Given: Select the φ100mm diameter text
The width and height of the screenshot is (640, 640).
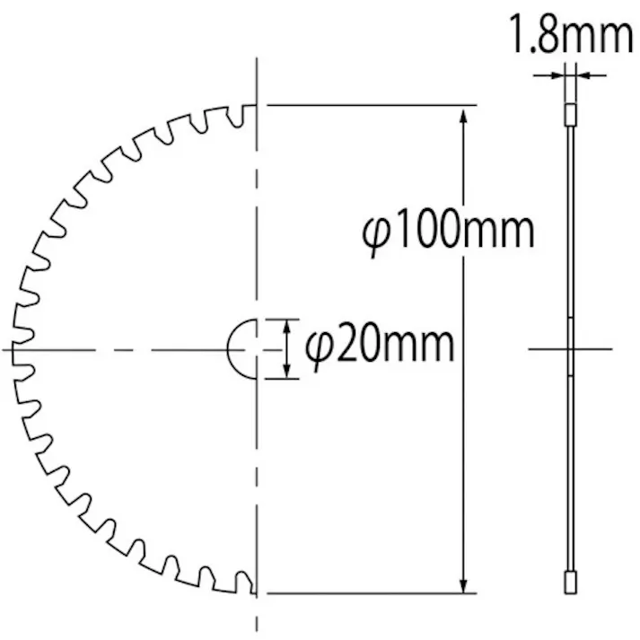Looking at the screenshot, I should pos(449,232).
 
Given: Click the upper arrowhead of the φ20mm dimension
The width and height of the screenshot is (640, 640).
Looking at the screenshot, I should pos(286,326).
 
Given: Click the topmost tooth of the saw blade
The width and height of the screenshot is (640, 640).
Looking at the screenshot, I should pos(249,115).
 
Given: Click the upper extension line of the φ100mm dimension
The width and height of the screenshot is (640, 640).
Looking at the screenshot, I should pos(368,105).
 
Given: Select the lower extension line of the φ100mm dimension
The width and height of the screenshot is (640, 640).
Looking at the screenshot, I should pos(368,593).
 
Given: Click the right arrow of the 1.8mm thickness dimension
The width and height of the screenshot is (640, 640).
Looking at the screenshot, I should pos(579,75).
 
